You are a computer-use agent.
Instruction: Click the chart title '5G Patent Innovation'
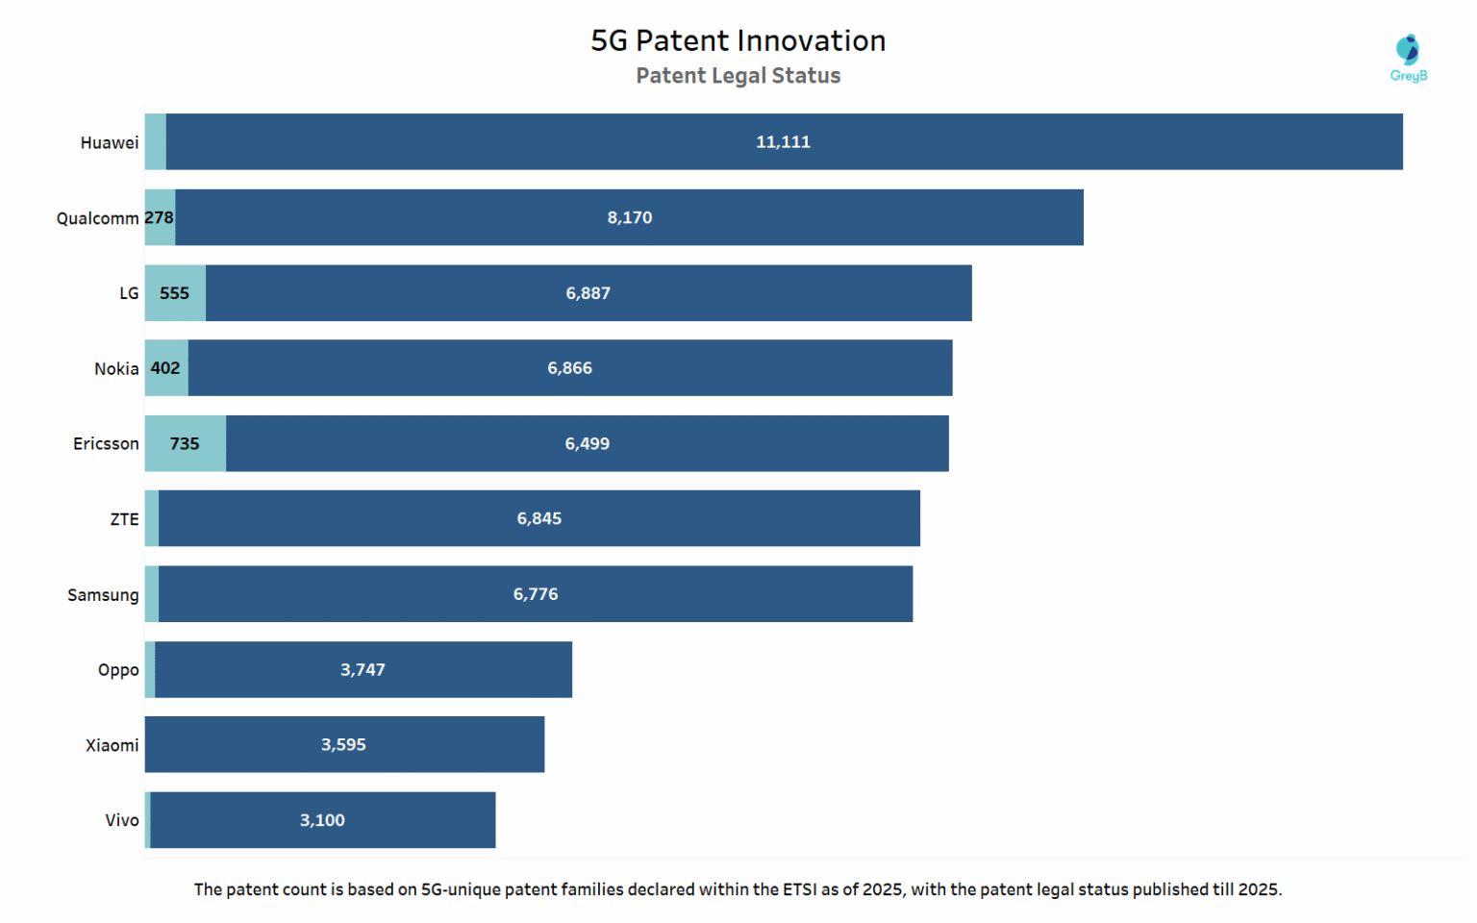[738, 40]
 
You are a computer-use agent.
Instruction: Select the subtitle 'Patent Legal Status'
[738, 76]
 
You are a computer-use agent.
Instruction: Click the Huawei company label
[109, 143]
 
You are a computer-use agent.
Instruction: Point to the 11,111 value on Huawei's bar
[783, 142]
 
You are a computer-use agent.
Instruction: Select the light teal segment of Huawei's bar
[155, 142]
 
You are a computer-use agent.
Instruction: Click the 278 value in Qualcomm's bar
[160, 217]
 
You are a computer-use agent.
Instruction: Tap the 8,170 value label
[629, 218]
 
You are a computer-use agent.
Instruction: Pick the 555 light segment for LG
[174, 293]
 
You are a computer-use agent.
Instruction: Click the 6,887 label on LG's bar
[588, 293]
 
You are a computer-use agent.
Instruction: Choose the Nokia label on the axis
[116, 369]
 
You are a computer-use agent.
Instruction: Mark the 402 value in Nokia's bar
[165, 368]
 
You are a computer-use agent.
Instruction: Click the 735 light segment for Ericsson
[185, 444]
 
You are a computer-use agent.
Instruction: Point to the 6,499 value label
[587, 444]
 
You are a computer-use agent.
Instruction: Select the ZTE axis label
[124, 519]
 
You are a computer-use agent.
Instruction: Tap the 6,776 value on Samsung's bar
[535, 594]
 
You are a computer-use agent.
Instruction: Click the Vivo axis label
[122, 820]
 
